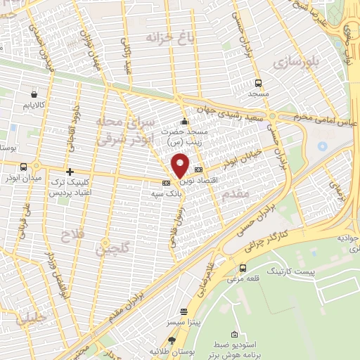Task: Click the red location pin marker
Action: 181,165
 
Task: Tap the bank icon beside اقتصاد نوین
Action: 199,169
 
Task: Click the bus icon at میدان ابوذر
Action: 25,167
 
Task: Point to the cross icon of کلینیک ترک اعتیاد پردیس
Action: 70,172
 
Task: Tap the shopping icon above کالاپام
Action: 34,92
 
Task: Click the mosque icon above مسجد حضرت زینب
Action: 184,120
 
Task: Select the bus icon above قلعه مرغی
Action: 243,267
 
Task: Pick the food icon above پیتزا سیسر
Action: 184,311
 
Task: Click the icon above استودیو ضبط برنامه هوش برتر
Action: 235,335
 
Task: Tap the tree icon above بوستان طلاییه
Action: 172,340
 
